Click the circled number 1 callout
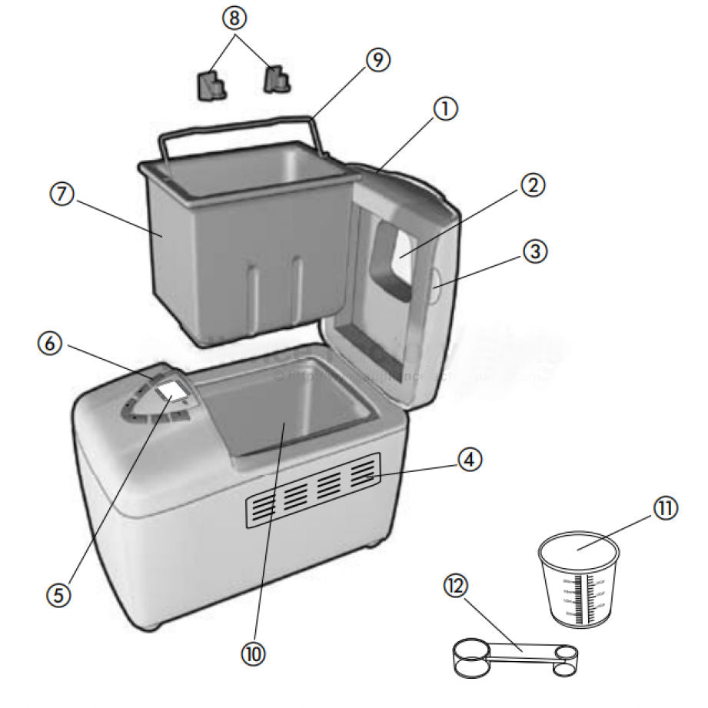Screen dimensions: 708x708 [x=444, y=110]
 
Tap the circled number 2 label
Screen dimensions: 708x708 [x=533, y=184]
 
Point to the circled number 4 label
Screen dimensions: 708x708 [x=470, y=460]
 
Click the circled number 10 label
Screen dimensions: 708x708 [x=254, y=654]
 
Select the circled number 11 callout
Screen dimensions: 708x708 [x=666, y=509]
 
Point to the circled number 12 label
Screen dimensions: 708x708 [x=456, y=586]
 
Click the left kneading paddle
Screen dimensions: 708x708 [x=211, y=85]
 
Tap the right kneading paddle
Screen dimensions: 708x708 [x=277, y=78]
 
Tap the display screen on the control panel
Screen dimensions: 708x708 [x=171, y=394]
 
